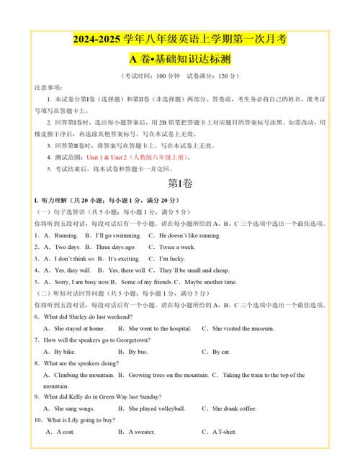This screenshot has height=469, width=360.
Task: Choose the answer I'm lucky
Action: pos(168,258)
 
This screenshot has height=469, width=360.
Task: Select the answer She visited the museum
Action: pos(243,328)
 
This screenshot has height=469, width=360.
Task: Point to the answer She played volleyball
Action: pos(156,409)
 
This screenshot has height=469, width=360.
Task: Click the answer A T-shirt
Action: pos(224,432)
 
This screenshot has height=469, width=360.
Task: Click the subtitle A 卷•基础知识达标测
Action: pos(179,58)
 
